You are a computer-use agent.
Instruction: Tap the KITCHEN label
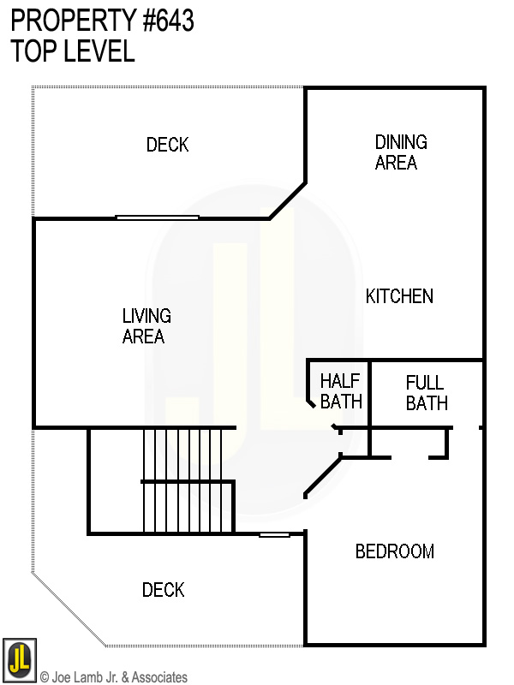[x=399, y=296]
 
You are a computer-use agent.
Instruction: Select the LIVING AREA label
[x=146, y=326]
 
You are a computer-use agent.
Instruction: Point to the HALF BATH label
[x=341, y=391]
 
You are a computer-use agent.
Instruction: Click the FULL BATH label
[x=427, y=392]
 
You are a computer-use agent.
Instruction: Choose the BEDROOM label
[x=394, y=551]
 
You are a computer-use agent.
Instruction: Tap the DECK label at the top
[x=167, y=146]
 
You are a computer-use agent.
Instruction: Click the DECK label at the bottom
[x=163, y=590]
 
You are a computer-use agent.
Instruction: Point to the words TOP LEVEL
[x=73, y=51]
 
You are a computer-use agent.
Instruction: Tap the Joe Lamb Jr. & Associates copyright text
[x=114, y=677]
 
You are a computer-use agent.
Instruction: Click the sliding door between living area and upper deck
[x=158, y=217]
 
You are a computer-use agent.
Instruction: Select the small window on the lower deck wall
[x=274, y=535]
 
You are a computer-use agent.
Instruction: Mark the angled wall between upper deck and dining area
[x=288, y=200]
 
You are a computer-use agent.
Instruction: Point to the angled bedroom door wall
[x=324, y=475]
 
